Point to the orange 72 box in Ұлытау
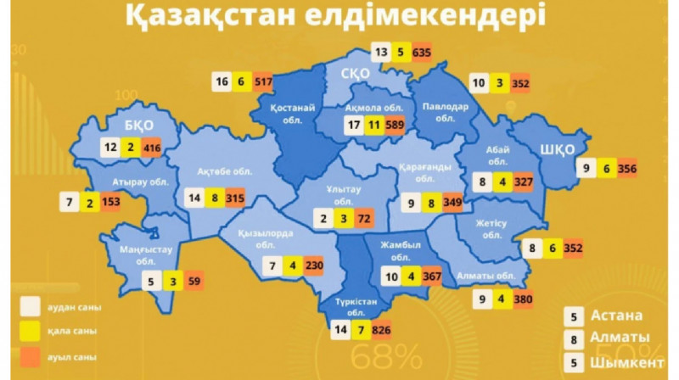363,220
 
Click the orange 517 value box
262,81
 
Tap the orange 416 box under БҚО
152,147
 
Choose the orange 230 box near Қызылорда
315,265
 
